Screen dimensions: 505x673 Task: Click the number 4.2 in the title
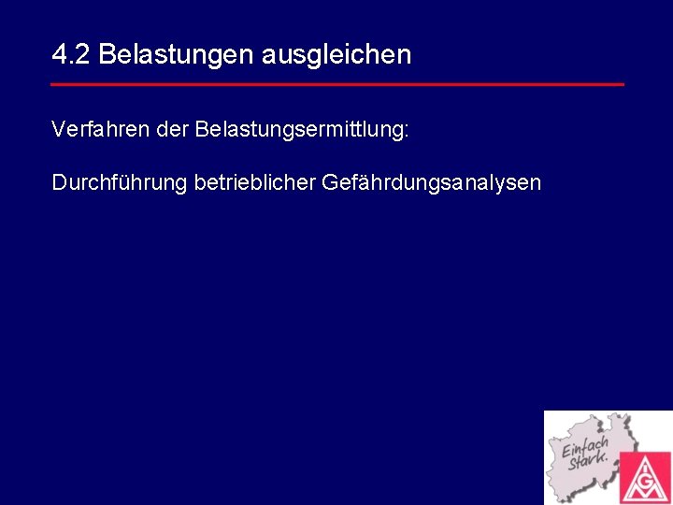click(x=71, y=55)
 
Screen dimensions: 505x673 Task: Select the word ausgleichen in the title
click(x=336, y=55)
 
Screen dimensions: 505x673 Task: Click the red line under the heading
click(x=336, y=84)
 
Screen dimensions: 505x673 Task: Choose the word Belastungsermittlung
click(x=297, y=130)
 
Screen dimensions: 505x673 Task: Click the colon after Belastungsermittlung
click(x=406, y=132)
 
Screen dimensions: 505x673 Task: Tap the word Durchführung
click(x=119, y=182)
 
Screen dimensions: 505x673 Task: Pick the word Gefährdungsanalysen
click(x=431, y=182)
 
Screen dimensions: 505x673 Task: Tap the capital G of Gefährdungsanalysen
click(x=330, y=182)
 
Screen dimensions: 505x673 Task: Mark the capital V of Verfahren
click(x=59, y=130)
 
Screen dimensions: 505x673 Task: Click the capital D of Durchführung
click(x=60, y=182)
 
